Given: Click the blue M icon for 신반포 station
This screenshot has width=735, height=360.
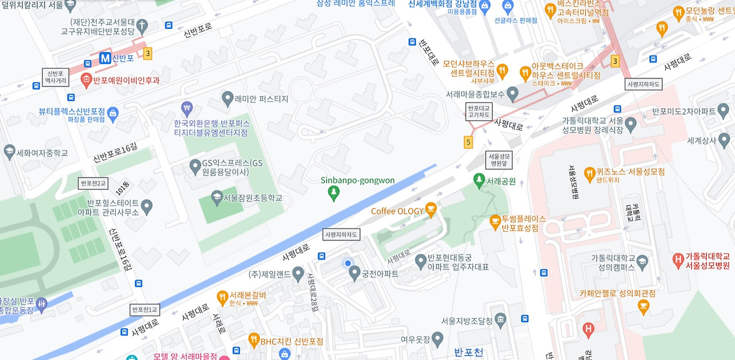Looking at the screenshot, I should (105, 58).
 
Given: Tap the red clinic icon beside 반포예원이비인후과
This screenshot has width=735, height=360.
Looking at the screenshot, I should (86, 79).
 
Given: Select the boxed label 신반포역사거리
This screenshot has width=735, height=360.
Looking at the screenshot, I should (56, 77).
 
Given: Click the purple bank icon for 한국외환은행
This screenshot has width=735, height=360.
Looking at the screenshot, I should (187, 108).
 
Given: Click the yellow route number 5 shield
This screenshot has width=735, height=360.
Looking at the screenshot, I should (469, 141).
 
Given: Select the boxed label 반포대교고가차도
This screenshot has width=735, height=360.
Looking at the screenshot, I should (478, 111).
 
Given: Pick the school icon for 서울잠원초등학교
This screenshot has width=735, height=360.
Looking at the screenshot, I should (216, 198).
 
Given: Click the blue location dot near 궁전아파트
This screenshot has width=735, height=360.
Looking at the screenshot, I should (347, 263).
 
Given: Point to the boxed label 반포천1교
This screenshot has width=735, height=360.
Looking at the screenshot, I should (144, 309).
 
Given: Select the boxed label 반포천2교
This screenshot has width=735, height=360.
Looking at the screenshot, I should (93, 184).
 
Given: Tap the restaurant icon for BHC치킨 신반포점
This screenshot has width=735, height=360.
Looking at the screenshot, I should (253, 341).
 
